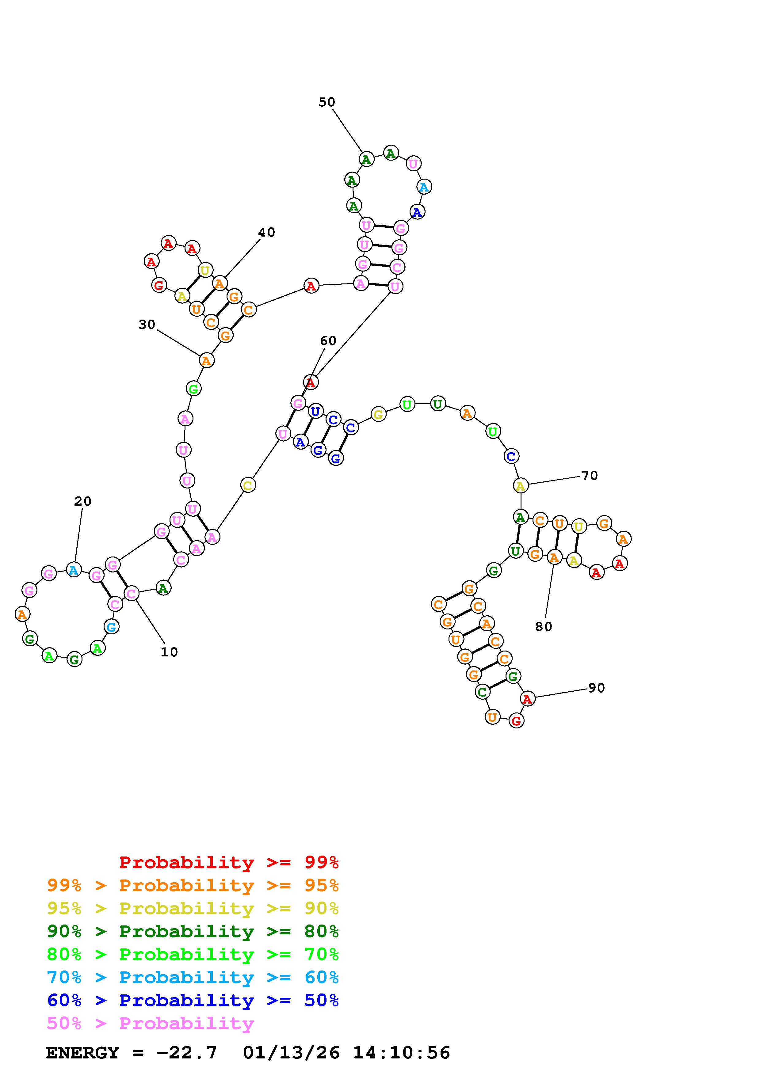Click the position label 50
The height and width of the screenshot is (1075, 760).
tap(327, 102)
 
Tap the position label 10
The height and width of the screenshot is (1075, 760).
tap(169, 652)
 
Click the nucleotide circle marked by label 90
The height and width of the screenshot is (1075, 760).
tap(528, 699)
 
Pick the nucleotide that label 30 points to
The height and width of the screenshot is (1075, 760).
tap(206, 360)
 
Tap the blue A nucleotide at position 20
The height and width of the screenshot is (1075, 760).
tap(74, 570)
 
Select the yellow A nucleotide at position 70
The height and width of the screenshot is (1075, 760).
tap(520, 486)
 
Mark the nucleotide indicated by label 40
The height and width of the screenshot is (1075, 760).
tap(219, 283)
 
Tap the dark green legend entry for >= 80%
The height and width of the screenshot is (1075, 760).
tap(193, 931)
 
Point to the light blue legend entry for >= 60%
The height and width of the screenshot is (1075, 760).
tap(193, 977)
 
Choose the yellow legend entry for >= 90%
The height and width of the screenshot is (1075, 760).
tap(193, 908)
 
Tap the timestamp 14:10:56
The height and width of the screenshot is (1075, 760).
tap(401, 1053)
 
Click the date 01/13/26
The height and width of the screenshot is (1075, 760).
tap(291, 1053)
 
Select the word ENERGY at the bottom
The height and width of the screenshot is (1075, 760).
tap(82, 1053)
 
